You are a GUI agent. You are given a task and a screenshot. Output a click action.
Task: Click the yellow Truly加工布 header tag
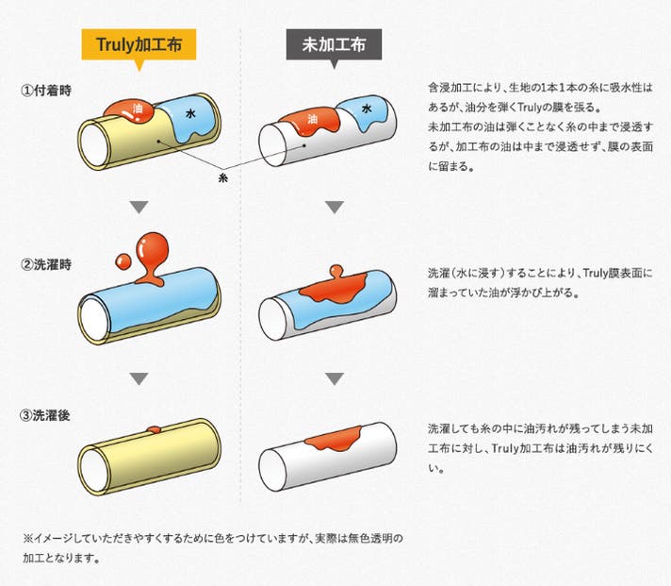click(139, 43)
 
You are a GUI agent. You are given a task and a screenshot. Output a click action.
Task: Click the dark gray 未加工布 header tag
click(334, 43)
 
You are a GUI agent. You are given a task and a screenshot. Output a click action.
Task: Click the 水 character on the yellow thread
click(191, 113)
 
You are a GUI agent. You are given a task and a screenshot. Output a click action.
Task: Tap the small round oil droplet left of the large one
click(122, 260)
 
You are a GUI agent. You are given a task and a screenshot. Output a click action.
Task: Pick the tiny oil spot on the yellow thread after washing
click(154, 430)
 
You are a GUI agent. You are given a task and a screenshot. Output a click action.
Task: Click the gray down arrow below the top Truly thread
click(139, 207)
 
